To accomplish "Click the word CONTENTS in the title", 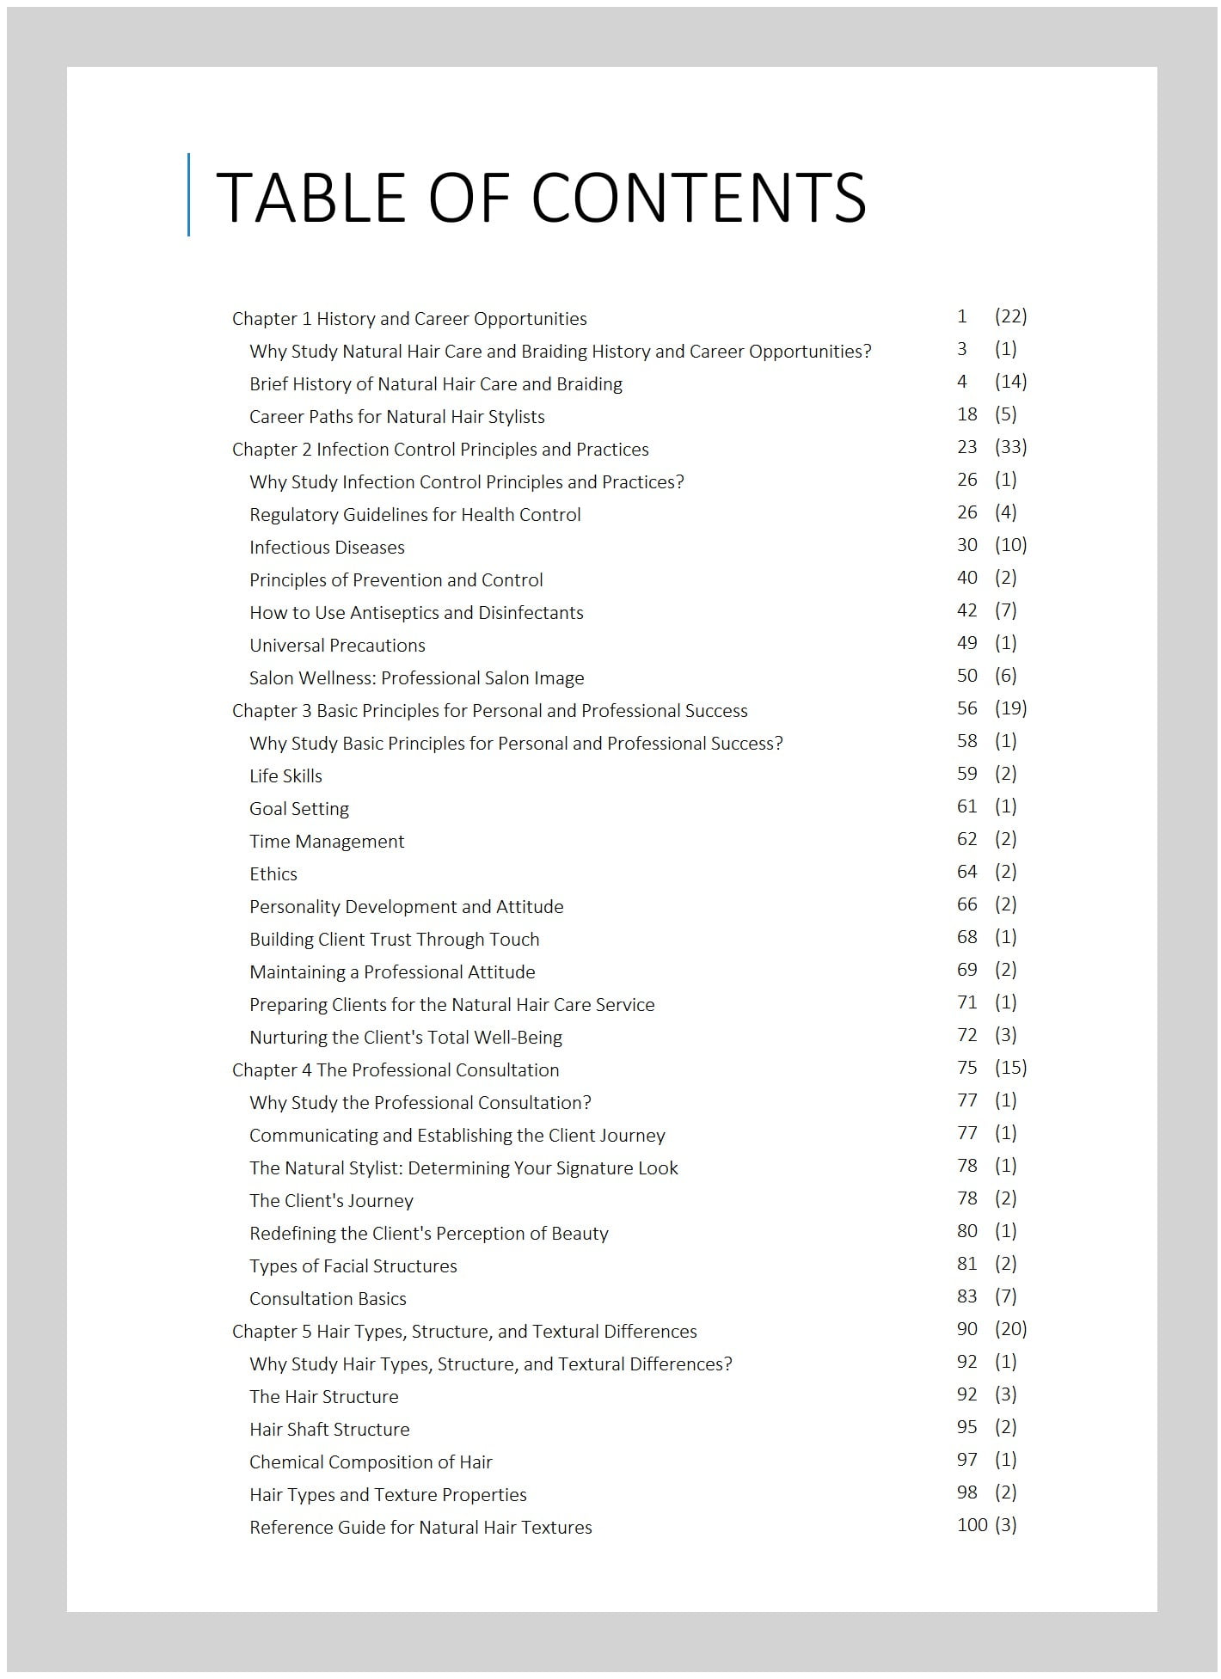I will click(704, 197).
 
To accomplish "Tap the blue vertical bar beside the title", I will click(188, 194).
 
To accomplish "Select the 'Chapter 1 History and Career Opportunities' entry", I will click(409, 319).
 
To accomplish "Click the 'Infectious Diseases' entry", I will click(327, 548).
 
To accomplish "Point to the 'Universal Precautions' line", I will click(337, 646).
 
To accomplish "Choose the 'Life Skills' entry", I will click(285, 776).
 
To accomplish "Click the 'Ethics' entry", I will click(273, 874).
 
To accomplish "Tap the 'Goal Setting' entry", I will click(299, 809).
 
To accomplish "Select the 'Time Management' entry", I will click(327, 842).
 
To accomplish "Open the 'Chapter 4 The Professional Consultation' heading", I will click(396, 1070).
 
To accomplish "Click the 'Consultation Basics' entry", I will click(328, 1299).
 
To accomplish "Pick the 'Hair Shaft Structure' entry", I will click(329, 1430).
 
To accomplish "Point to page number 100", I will click(972, 1525).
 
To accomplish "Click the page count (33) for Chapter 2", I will click(1010, 447).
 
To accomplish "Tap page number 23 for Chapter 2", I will click(967, 447).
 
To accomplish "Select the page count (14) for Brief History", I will click(1010, 382).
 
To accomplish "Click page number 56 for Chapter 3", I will click(967, 708).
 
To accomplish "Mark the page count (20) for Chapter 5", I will click(1010, 1329).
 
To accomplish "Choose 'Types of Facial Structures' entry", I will click(353, 1266).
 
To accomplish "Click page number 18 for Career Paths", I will click(967, 414).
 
